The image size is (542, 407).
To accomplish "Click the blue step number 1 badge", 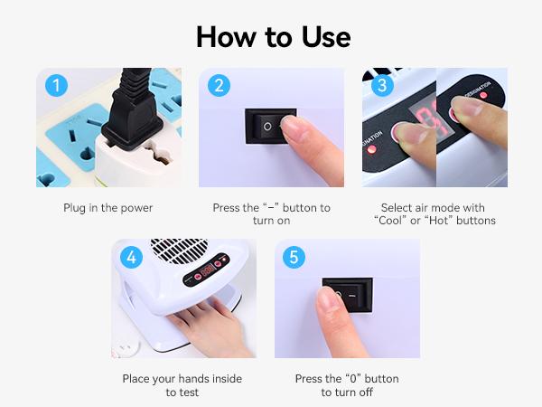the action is click(x=56, y=86).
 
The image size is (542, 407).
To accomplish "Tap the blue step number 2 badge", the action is click(x=219, y=86).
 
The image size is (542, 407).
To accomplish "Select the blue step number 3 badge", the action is click(x=382, y=86).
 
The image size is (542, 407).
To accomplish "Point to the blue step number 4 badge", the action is click(x=131, y=257).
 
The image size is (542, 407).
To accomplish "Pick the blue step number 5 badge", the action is click(x=294, y=257).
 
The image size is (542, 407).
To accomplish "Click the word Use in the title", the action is click(x=326, y=37).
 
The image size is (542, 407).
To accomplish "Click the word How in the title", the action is click(x=225, y=37).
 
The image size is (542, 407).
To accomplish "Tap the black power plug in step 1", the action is click(x=133, y=110).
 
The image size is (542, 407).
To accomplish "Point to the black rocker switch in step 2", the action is click(x=271, y=127).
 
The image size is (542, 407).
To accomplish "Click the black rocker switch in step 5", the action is click(x=349, y=295).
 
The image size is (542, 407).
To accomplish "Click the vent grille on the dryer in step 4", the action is click(x=180, y=251).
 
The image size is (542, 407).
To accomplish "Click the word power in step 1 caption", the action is click(x=136, y=208).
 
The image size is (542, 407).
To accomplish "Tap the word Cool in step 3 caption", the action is click(x=390, y=221).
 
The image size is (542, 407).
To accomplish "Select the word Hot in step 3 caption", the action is click(x=439, y=221).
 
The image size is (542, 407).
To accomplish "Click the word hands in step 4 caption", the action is click(x=192, y=379).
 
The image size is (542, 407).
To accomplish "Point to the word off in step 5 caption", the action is click(x=365, y=393).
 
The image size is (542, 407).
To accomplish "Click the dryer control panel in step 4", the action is click(x=207, y=270).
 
